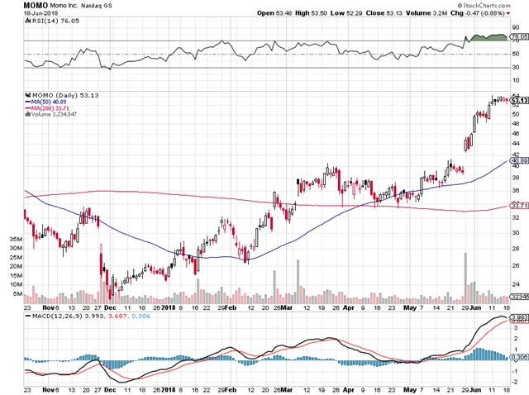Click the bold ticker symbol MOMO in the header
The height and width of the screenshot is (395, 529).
pyautogui.click(x=14, y=5)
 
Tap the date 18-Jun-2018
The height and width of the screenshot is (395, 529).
pyautogui.click(x=18, y=14)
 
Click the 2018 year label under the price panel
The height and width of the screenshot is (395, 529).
pyautogui.click(x=170, y=308)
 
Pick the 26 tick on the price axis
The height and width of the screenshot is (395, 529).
pyautogui.click(x=514, y=265)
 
